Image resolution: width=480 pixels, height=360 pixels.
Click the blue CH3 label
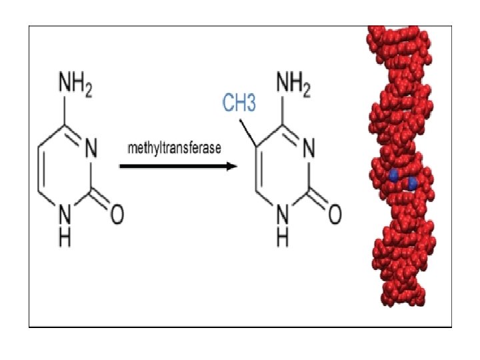pos(239,104)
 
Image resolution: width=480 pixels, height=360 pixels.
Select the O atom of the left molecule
pos(117,215)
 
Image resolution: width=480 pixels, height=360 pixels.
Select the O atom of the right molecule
pos(335,215)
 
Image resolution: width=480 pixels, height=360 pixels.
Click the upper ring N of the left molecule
pos(91,148)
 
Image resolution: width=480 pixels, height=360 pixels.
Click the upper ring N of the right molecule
pos(309,148)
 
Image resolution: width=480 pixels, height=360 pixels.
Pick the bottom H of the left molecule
pos(65,238)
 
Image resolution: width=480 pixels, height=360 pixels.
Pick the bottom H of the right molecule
pos(282,238)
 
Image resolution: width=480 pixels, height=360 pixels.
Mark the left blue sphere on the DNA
pos(393,176)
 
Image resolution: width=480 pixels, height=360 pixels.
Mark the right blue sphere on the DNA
pos(413,182)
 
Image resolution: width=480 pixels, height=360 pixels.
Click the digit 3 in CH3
pos(251,104)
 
